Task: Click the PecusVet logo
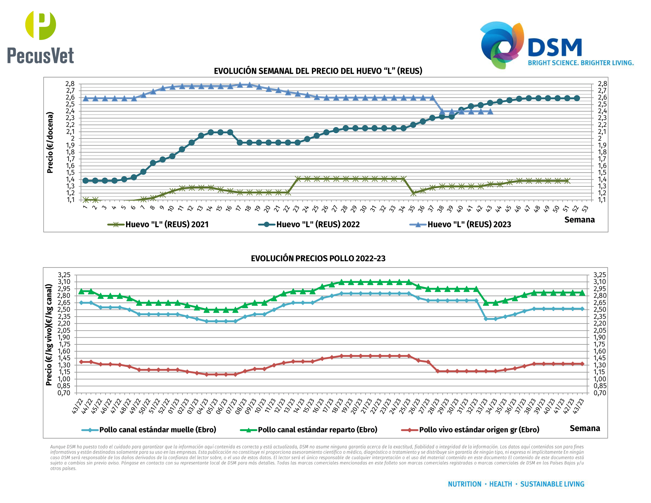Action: [41, 37]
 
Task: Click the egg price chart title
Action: [318, 71]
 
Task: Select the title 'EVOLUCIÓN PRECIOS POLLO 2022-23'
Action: [318, 258]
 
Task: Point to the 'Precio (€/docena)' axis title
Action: [50, 142]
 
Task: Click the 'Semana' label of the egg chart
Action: [579, 220]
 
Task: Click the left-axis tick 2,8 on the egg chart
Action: [70, 84]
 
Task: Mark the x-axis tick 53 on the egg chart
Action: [585, 209]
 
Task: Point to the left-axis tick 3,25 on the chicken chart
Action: [64, 275]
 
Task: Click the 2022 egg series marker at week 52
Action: [577, 98]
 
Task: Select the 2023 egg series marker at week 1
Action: [86, 98]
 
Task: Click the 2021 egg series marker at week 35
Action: [413, 193]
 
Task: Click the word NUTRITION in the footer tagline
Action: [464, 484]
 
